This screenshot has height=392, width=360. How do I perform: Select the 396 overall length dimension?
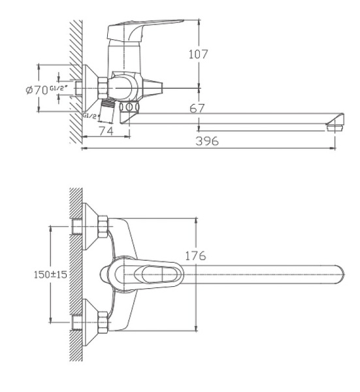208,140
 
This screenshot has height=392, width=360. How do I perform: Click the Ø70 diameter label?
37,90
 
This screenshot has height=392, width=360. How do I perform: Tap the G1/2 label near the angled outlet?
90,115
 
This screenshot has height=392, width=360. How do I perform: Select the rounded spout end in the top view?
336,274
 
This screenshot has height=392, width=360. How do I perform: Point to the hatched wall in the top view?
75,274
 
